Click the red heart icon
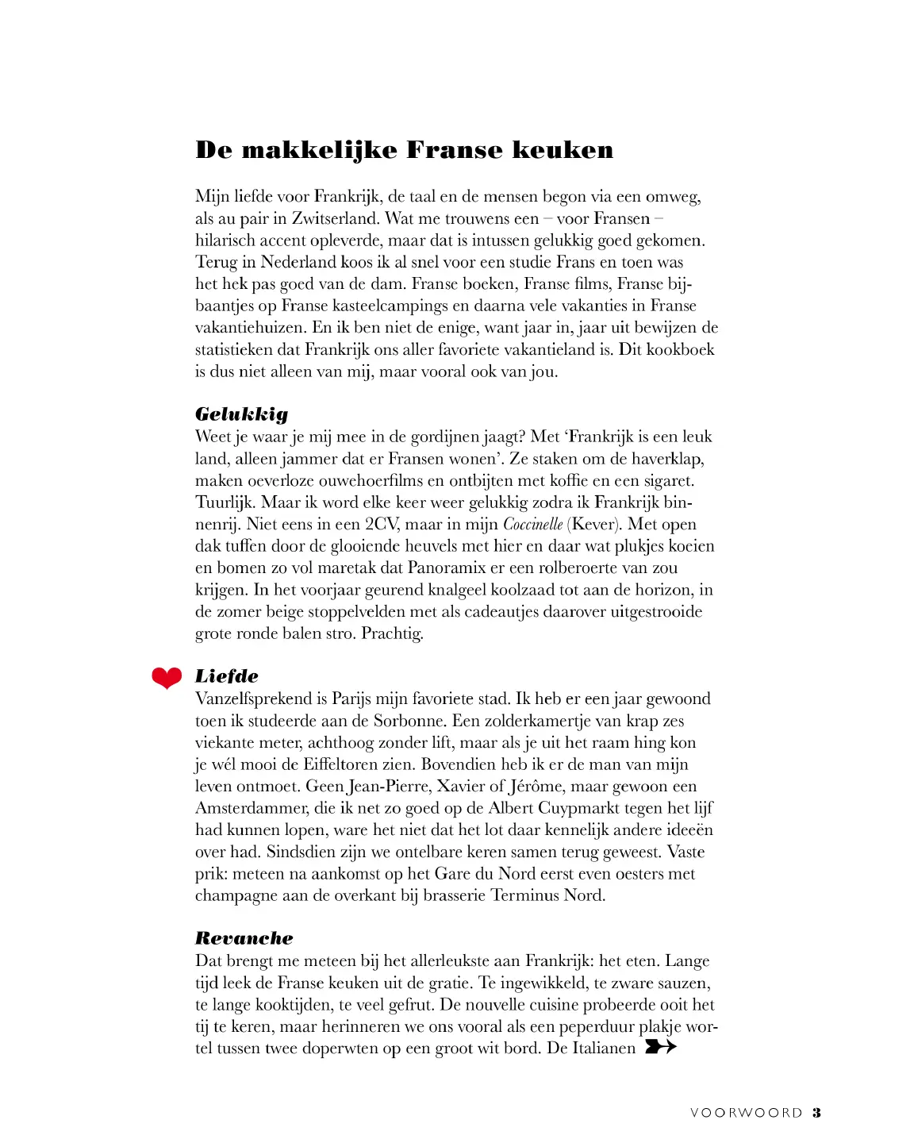point(167,677)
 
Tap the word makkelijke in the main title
point(319,150)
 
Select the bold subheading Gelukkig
point(241,414)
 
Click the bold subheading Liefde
point(227,675)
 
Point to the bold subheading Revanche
point(244,937)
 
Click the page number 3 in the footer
point(816,1113)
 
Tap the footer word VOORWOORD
point(746,1113)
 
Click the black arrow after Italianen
point(660,1047)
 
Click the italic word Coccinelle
point(532,524)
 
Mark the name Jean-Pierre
point(386,787)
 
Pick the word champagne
point(236,895)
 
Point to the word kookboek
point(680,349)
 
